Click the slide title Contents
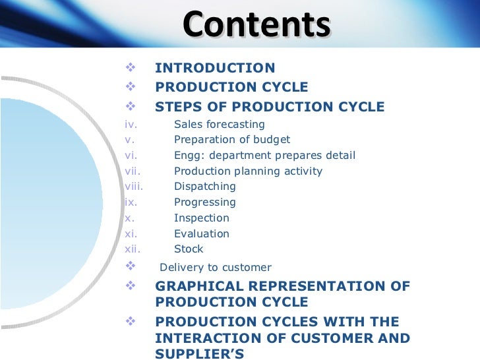[256, 26]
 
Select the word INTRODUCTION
[215, 68]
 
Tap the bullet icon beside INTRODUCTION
[129, 67]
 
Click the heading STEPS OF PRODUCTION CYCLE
[270, 107]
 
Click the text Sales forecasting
[219, 124]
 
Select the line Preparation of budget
[231, 140]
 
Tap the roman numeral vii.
[132, 171]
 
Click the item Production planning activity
[248, 171]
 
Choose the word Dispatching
[204, 187]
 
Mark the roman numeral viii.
[134, 187]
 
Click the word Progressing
[204, 202]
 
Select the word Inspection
[201, 218]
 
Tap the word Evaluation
[201, 233]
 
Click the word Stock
[189, 249]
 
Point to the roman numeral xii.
[132, 249]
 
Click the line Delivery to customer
[215, 268]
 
